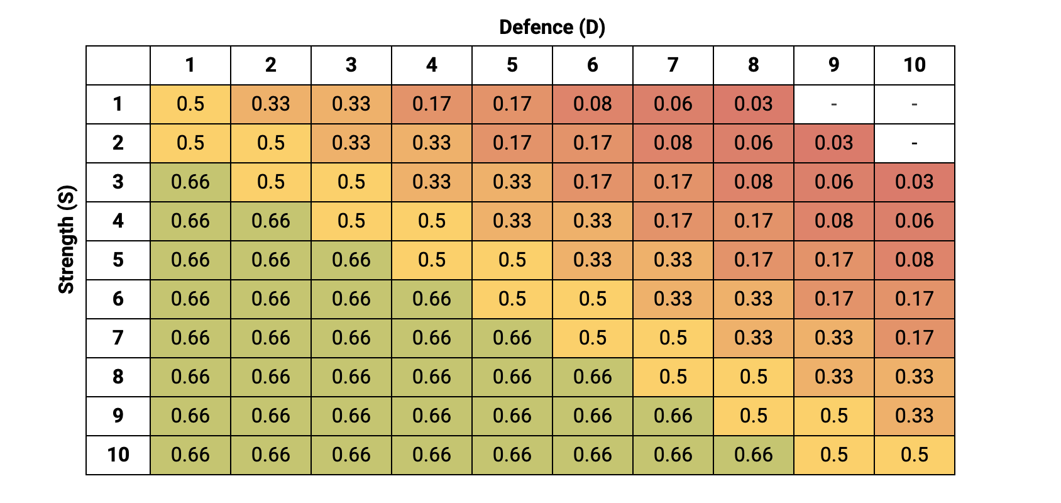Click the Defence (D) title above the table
[552, 27]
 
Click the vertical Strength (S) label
[67, 239]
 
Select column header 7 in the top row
[673, 65]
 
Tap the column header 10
[914, 65]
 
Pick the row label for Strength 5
[118, 260]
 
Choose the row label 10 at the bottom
[118, 455]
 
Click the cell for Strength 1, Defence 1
[190, 104]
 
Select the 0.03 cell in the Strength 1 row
[753, 104]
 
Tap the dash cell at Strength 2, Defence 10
[914, 143]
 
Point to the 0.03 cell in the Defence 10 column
[914, 182]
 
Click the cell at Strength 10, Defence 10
[914, 455]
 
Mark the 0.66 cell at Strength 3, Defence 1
[190, 182]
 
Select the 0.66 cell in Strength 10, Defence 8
[753, 455]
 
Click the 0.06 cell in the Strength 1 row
[673, 104]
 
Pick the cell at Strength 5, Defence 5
[512, 260]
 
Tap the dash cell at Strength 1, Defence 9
[833, 104]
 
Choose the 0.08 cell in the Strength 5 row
[914, 260]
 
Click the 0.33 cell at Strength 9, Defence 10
[914, 416]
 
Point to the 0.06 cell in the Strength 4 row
[914, 221]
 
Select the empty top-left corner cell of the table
[118, 65]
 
